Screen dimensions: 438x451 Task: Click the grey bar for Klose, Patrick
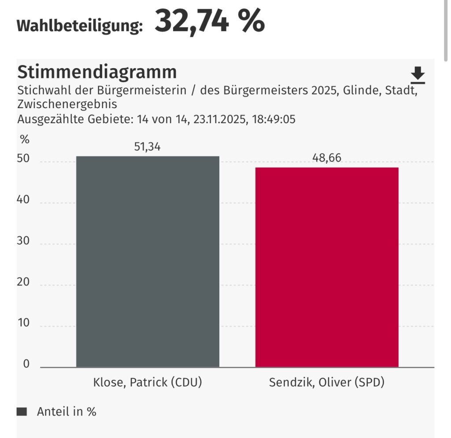[x=148, y=261]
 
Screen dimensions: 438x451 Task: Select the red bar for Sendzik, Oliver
[x=327, y=267]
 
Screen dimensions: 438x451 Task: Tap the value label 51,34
[x=148, y=146]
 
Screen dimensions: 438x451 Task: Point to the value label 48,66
[x=327, y=158]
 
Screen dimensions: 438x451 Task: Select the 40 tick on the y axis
[x=23, y=200]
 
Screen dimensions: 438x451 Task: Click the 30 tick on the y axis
[x=23, y=241]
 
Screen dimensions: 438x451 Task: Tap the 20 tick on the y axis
[x=23, y=282]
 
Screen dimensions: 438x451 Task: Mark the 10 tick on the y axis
[x=23, y=323]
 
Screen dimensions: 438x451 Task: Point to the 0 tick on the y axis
[x=26, y=364]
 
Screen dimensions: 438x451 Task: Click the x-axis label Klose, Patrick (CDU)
[x=148, y=383]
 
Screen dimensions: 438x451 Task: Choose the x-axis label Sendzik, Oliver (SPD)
[x=327, y=383]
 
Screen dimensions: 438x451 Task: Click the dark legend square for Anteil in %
[x=22, y=412]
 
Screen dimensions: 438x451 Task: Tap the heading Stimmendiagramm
[x=97, y=72]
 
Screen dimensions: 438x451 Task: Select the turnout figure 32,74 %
[x=210, y=21]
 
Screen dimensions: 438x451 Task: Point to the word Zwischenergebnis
[x=67, y=105]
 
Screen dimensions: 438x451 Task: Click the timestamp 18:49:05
[x=273, y=119]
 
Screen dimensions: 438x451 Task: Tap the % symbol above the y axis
[x=25, y=140]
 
